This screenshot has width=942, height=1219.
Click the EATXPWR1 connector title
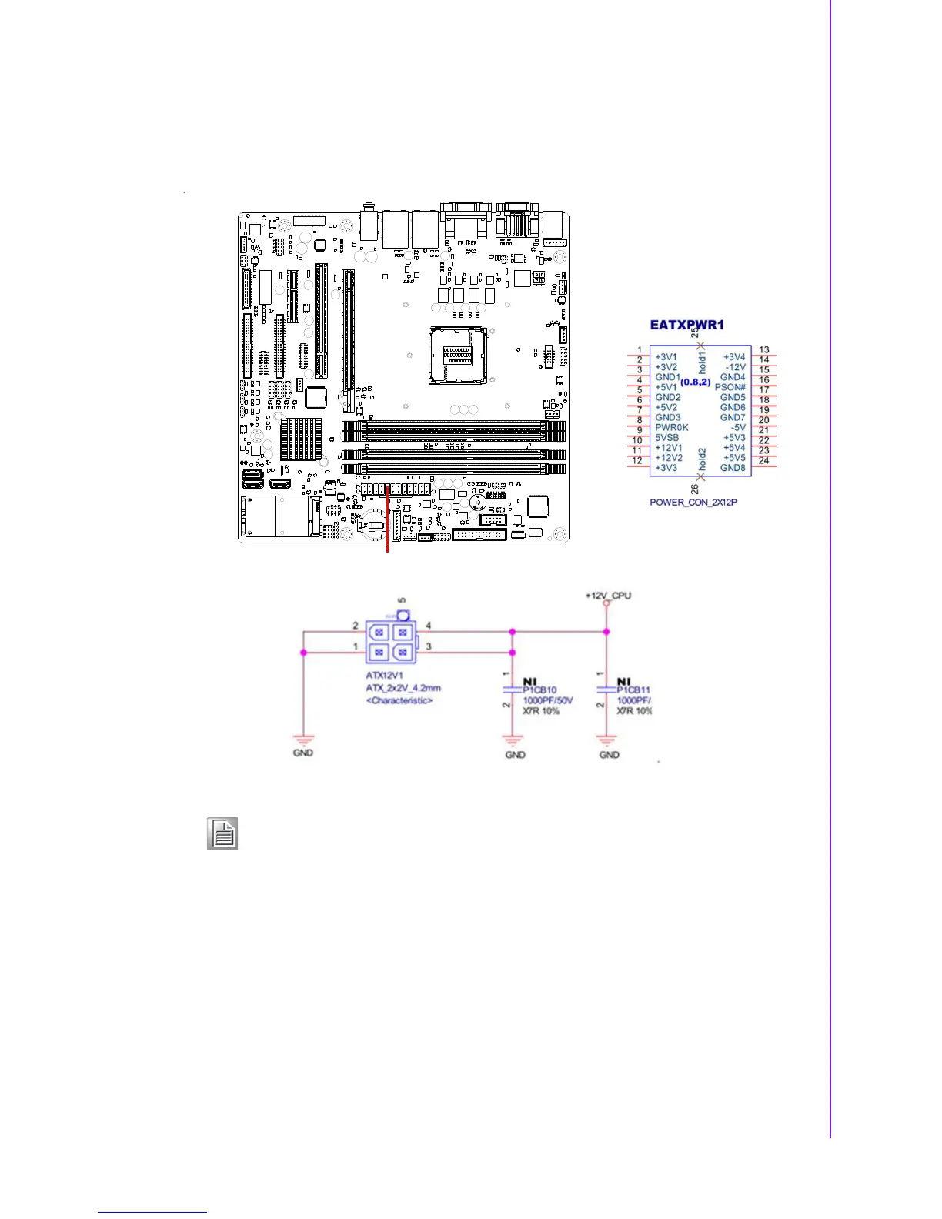click(x=686, y=325)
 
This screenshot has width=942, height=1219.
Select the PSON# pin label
click(x=730, y=387)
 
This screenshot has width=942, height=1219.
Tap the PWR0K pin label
click(x=671, y=427)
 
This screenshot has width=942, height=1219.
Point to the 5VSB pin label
click(x=666, y=437)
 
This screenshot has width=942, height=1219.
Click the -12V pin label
click(x=735, y=367)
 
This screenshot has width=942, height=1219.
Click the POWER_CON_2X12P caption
click(x=693, y=502)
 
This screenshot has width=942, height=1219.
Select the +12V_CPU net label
click(x=608, y=596)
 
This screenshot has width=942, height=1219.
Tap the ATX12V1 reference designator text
click(x=384, y=676)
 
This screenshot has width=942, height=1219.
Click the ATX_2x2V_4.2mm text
click(x=403, y=688)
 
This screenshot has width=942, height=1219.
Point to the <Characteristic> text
click(x=399, y=700)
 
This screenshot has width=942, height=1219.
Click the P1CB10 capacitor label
click(x=539, y=690)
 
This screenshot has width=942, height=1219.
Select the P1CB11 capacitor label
click(x=633, y=690)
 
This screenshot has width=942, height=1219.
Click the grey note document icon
click(x=222, y=833)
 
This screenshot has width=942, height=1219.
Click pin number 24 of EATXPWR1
click(x=763, y=460)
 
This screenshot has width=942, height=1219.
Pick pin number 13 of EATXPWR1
click(x=763, y=349)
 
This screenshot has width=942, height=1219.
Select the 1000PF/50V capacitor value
click(x=547, y=700)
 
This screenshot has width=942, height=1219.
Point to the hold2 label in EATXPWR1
click(x=702, y=459)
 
